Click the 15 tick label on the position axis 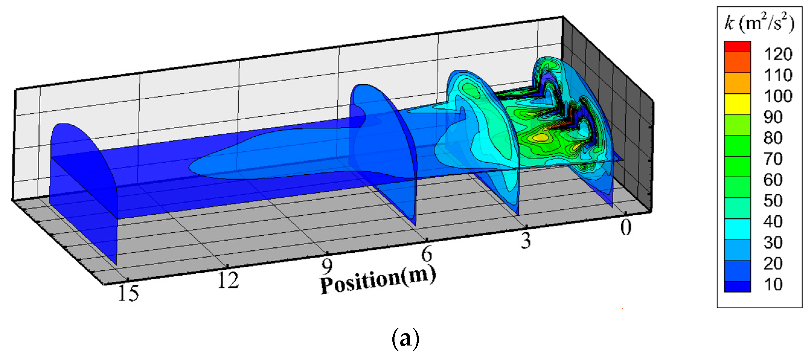point(129,293)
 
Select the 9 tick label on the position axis point(327,266)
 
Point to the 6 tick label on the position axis point(426,254)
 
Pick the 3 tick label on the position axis point(525,241)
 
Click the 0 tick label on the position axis point(626,227)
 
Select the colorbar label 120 point(778,54)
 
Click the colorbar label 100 point(778,96)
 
